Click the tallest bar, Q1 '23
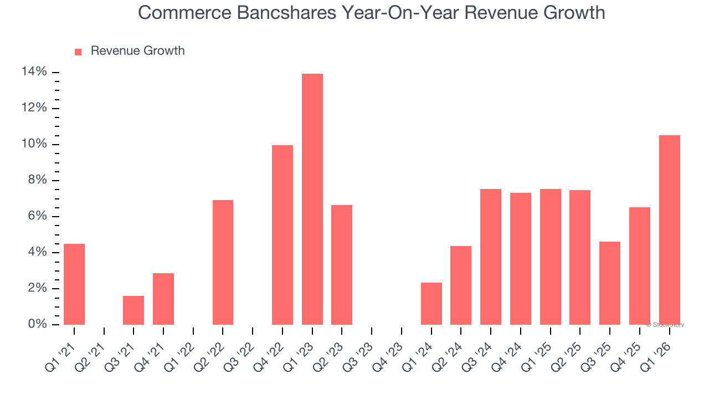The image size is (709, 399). coord(312,199)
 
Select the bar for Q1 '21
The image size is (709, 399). coord(74,284)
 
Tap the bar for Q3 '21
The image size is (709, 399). coord(133,310)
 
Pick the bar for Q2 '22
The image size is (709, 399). coord(223,262)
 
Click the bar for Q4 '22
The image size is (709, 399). coord(282,234)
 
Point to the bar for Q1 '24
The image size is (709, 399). coord(431,303)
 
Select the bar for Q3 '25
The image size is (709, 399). coord(609,283)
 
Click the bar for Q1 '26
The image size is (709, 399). coord(669,229)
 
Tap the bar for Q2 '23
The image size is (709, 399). coord(342,264)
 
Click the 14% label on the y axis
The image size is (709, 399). coord(34,72)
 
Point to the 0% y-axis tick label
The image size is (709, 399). coord(37,324)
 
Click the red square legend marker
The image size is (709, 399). coord(78,52)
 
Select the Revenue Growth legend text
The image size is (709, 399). coord(137,51)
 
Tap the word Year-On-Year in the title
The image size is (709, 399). coord(388,12)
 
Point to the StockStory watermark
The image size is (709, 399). coord(665,325)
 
